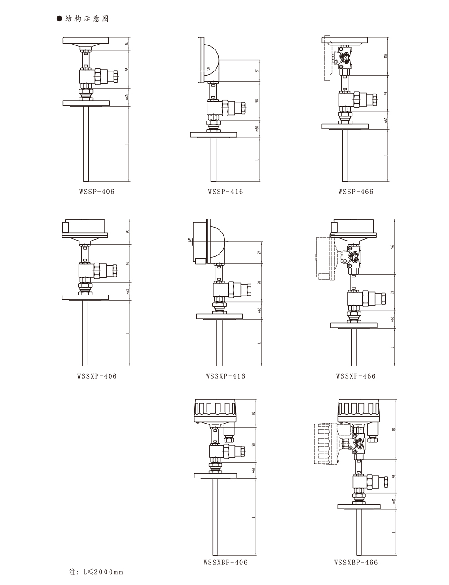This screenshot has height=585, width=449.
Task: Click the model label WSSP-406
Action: (x=97, y=192)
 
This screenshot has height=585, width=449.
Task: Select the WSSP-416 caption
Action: (x=225, y=192)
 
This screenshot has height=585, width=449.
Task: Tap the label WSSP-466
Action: (x=356, y=192)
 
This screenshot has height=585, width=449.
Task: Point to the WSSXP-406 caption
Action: (x=97, y=376)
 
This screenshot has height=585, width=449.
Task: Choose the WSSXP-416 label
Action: (x=225, y=376)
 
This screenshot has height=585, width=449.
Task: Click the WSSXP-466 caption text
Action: (x=356, y=376)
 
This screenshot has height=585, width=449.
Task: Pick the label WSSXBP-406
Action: (x=225, y=562)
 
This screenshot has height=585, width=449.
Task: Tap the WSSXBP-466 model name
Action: (x=356, y=562)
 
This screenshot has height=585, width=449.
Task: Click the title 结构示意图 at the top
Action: (x=87, y=18)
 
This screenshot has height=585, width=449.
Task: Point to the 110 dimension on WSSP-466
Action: (x=386, y=56)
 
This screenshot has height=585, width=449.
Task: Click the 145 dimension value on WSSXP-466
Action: (x=392, y=246)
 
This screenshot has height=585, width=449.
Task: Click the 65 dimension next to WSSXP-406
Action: (x=128, y=232)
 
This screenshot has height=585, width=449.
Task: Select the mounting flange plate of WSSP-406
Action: (x=86, y=103)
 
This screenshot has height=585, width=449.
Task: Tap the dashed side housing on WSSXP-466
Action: (x=322, y=256)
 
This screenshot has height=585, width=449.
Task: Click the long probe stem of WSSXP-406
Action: (x=85, y=333)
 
